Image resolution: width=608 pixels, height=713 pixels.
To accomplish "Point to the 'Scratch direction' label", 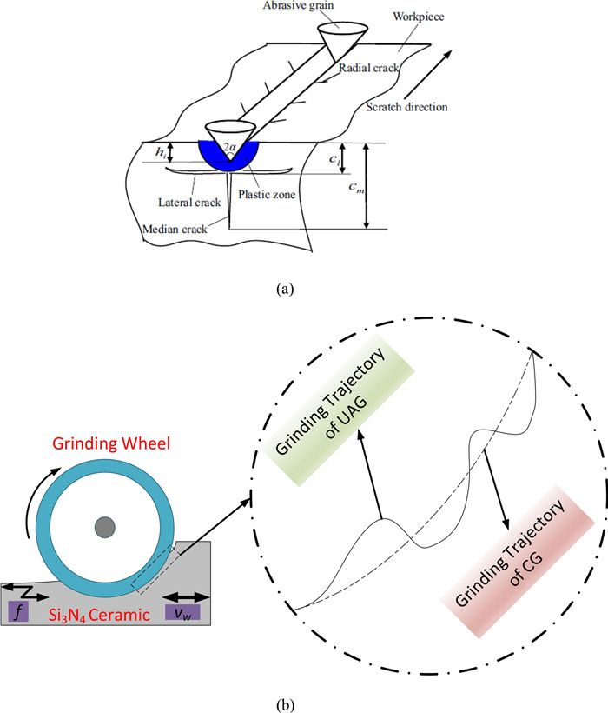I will tap(405, 108).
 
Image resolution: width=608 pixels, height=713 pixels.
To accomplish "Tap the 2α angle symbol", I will tap(228, 147).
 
